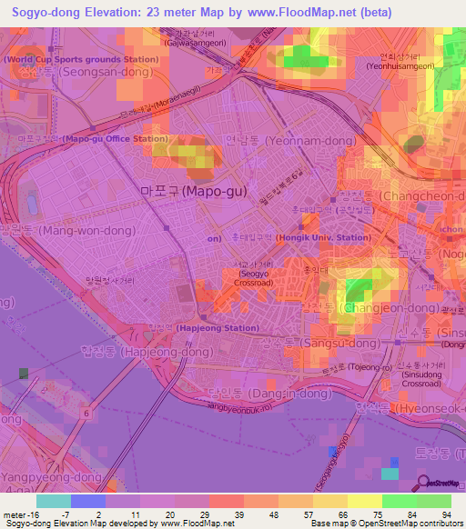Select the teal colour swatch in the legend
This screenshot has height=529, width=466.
53,501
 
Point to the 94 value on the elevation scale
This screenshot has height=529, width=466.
445,515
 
